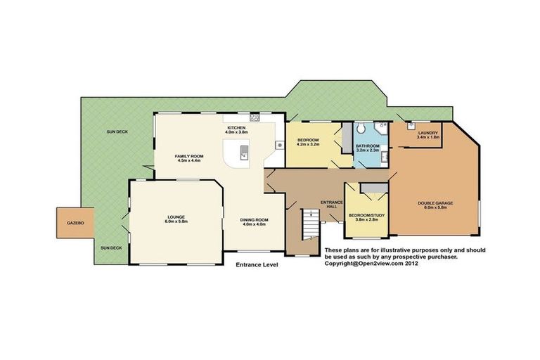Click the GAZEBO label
pyautogui.click(x=75, y=222)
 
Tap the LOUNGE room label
pyautogui.click(x=176, y=217)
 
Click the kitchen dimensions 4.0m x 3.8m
pyautogui.click(x=238, y=132)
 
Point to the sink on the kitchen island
pyautogui.click(x=244, y=153)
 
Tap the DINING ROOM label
pyautogui.click(x=253, y=219)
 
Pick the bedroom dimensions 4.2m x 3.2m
pyautogui.click(x=308, y=144)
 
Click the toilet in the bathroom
pyautogui.click(x=359, y=129)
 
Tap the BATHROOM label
pyautogui.click(x=368, y=146)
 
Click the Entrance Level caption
pyautogui.click(x=257, y=265)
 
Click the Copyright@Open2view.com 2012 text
pyautogui.click(x=375, y=264)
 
